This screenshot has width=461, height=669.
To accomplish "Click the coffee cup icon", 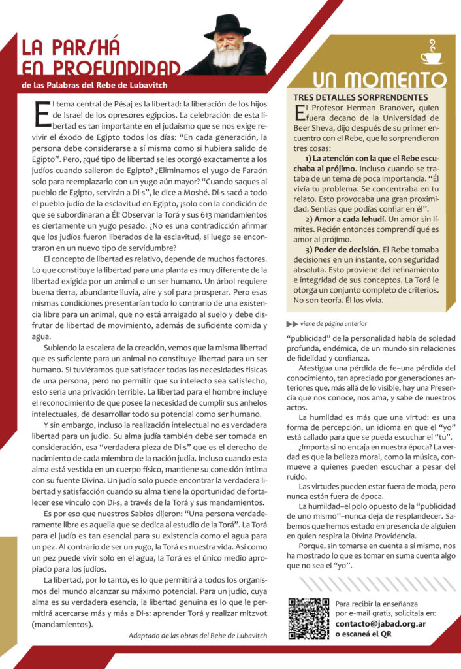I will pos(431,52).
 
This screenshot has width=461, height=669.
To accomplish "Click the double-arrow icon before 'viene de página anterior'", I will pos(292,323).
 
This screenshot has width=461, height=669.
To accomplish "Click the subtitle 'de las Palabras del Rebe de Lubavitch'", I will pos(95,86).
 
